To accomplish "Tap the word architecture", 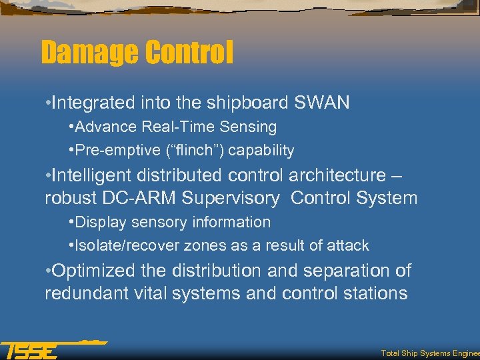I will [328, 175].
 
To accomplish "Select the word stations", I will [374, 293].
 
